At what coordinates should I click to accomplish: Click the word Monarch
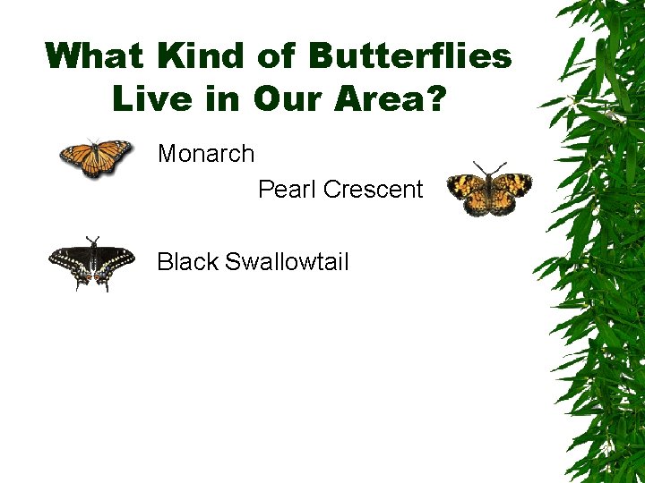(205, 154)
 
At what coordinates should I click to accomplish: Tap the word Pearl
(287, 190)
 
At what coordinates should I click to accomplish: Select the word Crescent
(373, 190)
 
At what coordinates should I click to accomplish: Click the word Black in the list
(187, 262)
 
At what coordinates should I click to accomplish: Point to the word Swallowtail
(287, 262)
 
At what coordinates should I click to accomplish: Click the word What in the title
(96, 55)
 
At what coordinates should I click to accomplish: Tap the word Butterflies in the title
(410, 55)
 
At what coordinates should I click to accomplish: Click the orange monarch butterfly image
(95, 158)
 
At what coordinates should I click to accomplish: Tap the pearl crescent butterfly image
(488, 190)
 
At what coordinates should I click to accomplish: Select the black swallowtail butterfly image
(91, 263)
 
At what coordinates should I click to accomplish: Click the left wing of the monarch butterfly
(76, 159)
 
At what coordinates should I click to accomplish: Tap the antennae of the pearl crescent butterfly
(488, 168)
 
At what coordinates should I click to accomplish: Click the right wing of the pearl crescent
(512, 190)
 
